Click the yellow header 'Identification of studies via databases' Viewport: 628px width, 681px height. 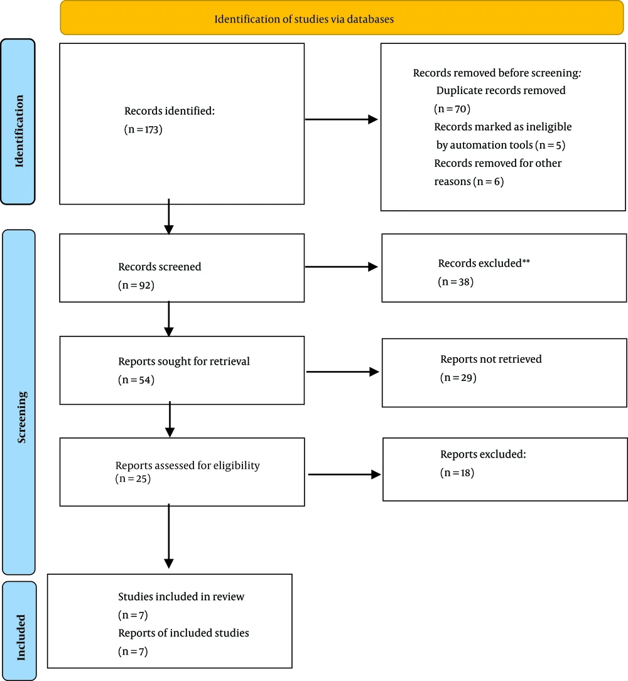point(304,19)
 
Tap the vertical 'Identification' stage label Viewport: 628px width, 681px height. point(19,131)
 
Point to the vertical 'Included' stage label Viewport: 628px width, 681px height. point(21,638)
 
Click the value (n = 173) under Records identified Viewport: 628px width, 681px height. point(143,129)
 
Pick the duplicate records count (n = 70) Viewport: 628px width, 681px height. point(452,109)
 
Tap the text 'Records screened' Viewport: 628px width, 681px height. point(160,267)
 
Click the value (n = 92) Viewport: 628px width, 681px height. point(136,286)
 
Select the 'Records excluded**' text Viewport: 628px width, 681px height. point(484,263)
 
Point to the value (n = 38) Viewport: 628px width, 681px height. point(455,282)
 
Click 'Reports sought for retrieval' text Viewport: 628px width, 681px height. point(184,362)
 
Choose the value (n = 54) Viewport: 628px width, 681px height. point(136,380)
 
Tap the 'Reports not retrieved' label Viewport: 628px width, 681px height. point(490,359)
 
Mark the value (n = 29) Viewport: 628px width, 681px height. point(458,378)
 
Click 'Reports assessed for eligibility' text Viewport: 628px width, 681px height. point(187,466)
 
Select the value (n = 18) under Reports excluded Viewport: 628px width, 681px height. point(457,473)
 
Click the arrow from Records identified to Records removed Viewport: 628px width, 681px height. point(342,119)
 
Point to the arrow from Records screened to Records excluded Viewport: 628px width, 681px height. point(342,267)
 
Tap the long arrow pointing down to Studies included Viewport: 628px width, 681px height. point(169,537)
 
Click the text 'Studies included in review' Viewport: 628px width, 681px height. point(181,597)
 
